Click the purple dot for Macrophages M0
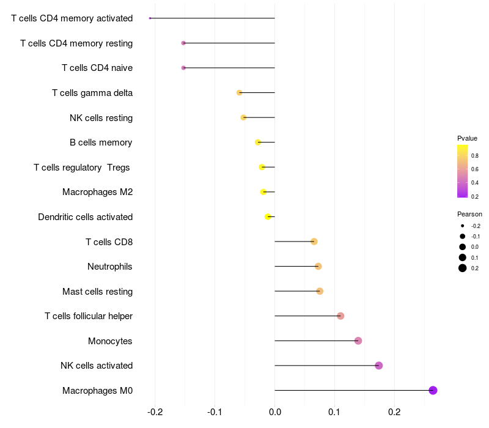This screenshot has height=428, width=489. (x=433, y=390)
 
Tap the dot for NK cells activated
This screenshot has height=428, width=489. (x=378, y=365)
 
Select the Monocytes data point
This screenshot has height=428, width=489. (x=358, y=341)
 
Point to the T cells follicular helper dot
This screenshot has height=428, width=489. (x=340, y=316)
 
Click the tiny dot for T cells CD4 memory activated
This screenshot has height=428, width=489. (x=150, y=18)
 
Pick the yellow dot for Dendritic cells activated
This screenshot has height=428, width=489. (x=268, y=216)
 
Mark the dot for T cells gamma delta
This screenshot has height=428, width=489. (x=239, y=93)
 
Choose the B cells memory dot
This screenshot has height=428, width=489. (x=258, y=142)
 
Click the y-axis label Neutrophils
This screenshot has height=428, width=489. (x=110, y=267)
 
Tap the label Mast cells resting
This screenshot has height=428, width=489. (x=98, y=292)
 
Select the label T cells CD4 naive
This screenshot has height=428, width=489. (x=97, y=68)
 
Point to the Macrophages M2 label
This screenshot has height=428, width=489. (x=98, y=192)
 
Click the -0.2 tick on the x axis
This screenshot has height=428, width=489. (x=155, y=412)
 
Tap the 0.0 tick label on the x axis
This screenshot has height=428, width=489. (x=274, y=412)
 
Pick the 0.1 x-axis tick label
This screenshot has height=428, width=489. (x=334, y=412)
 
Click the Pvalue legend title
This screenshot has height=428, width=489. (x=467, y=138)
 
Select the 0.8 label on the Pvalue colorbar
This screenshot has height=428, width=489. (x=475, y=156)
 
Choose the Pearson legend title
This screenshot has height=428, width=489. (x=469, y=214)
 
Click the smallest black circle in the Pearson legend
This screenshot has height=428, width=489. (x=463, y=226)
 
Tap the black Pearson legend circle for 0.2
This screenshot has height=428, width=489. (x=463, y=268)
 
